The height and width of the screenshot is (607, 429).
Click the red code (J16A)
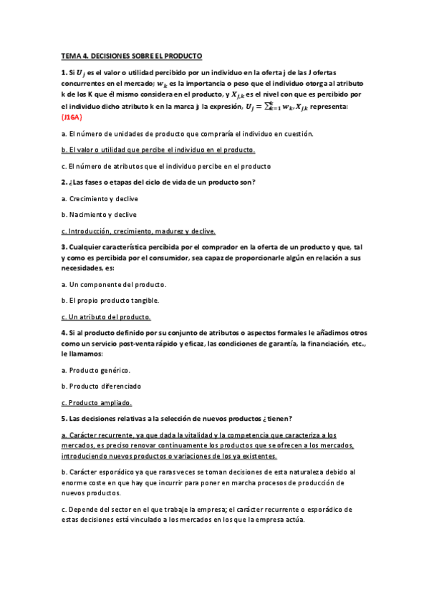click(x=72, y=117)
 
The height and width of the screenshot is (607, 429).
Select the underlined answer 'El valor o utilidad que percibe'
click(x=158, y=150)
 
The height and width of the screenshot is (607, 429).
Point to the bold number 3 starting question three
click(x=64, y=247)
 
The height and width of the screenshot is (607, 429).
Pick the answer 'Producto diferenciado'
click(x=105, y=387)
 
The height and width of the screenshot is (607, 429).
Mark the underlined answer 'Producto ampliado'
click(x=100, y=403)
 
